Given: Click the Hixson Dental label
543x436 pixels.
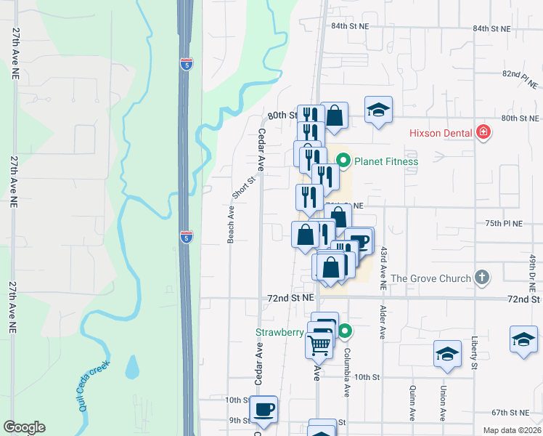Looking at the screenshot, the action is pyautogui.click(x=440, y=133).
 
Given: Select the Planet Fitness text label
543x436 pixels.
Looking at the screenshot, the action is pyautogui.click(x=386, y=161).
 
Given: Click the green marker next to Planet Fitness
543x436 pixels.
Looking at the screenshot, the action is pyautogui.click(x=343, y=160).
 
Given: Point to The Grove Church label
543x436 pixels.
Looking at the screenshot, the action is pyautogui.click(x=430, y=278).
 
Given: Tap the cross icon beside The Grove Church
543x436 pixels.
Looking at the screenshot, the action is pyautogui.click(x=481, y=278).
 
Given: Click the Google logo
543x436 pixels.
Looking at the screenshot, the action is pyautogui.click(x=24, y=427).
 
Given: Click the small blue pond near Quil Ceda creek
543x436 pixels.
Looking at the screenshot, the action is pyautogui.click(x=131, y=368).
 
